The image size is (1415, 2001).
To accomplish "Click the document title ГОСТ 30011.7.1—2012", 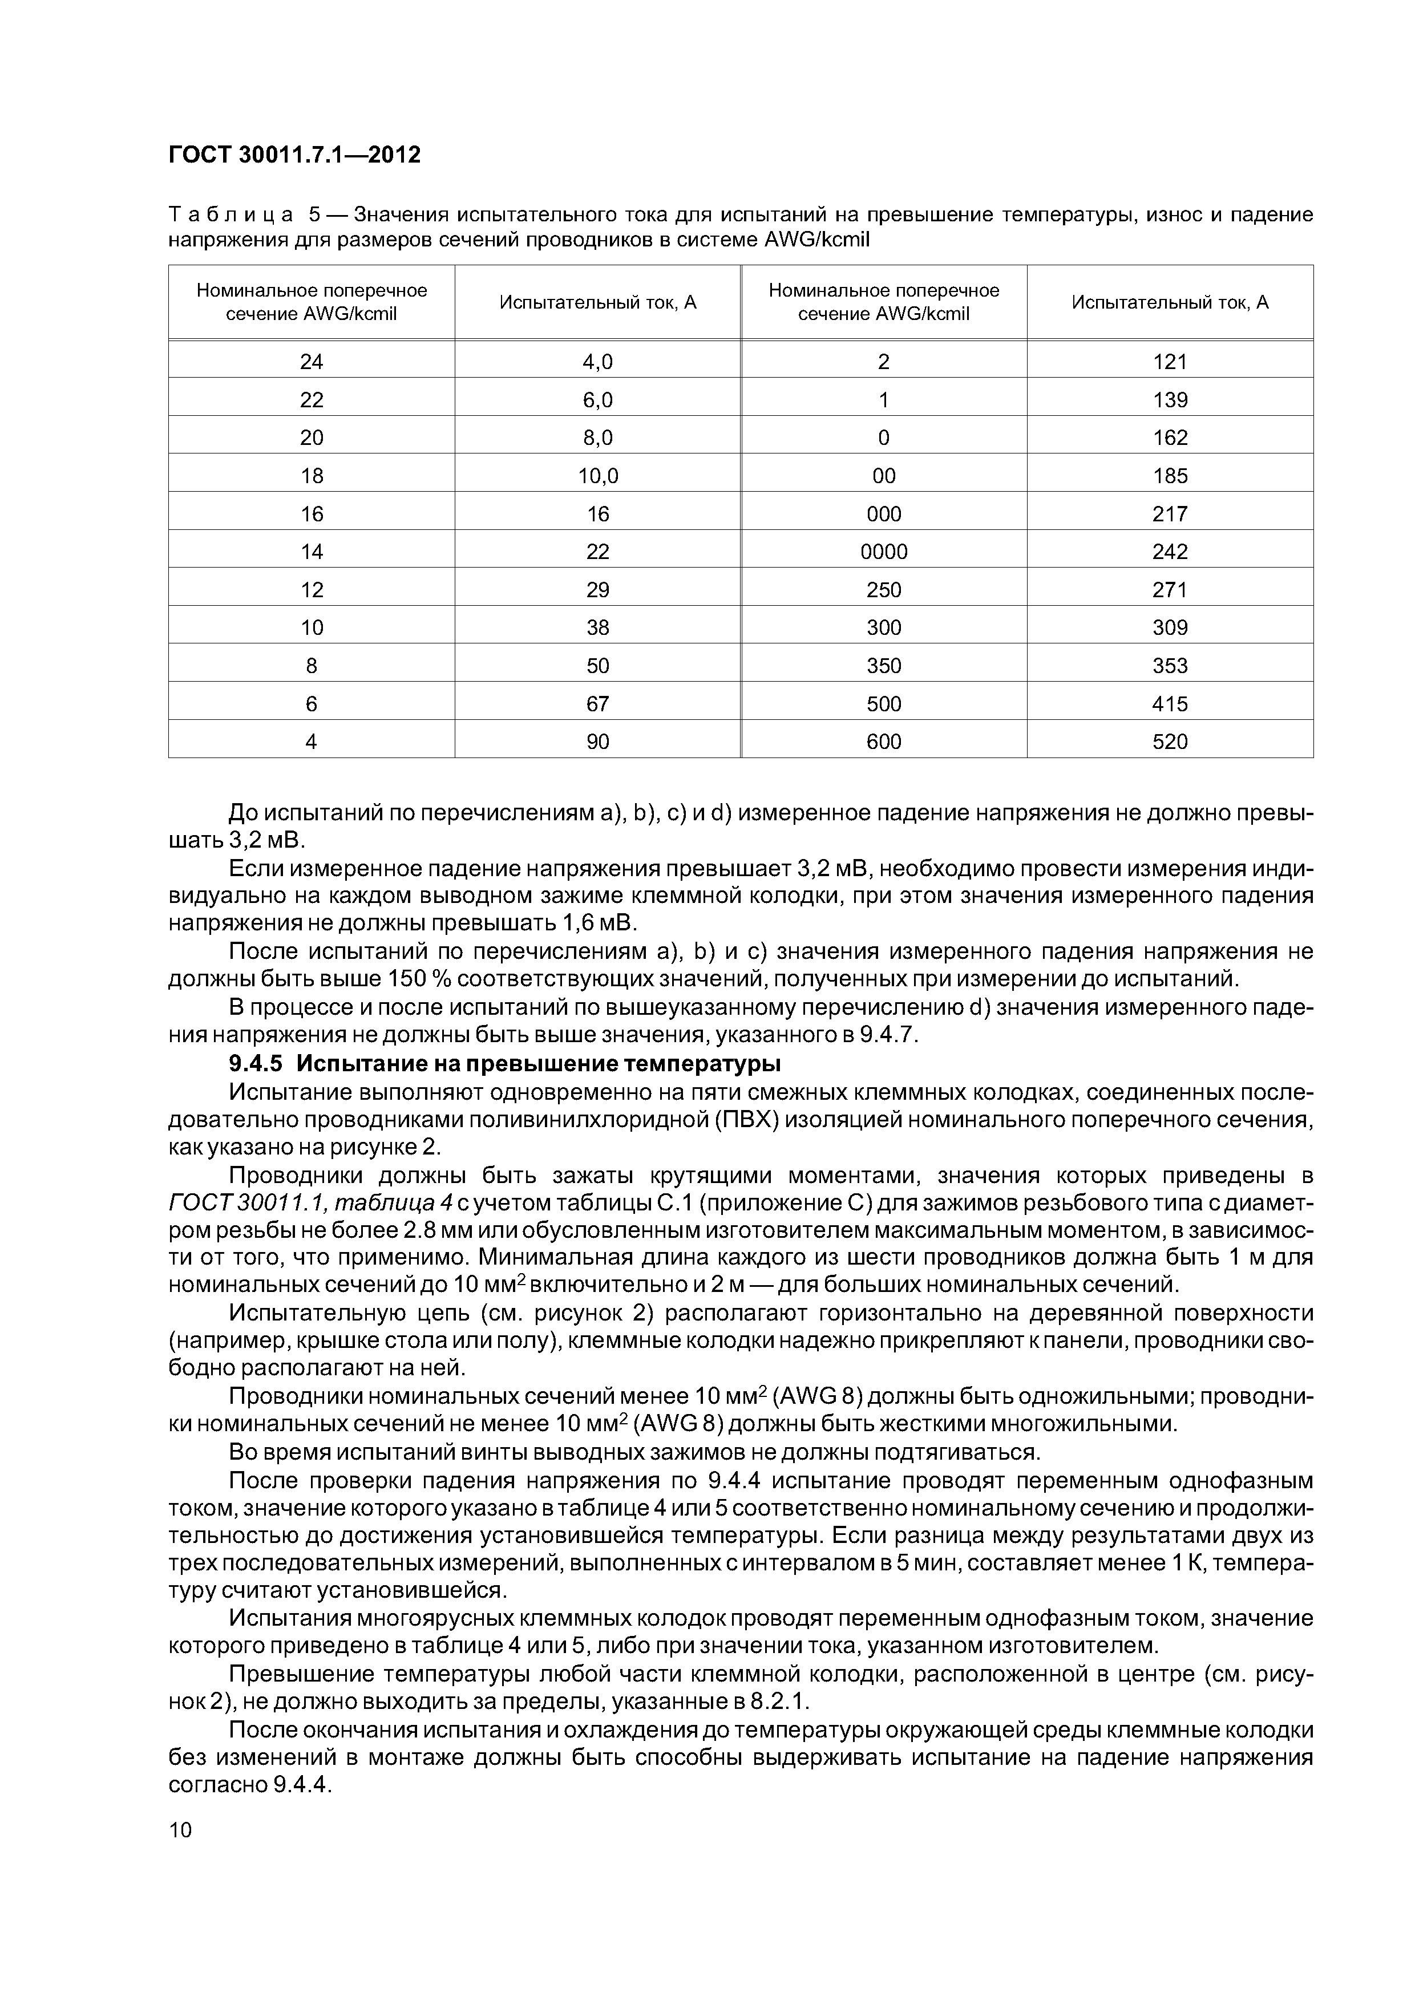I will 294,154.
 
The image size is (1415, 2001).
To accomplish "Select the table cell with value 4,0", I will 597,362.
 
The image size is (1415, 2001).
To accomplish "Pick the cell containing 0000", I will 883,552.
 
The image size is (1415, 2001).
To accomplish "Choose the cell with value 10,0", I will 597,476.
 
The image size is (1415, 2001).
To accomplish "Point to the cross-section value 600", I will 883,742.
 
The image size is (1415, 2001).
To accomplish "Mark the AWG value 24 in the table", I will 312,362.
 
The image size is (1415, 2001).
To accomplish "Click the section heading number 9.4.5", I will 256,1064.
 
